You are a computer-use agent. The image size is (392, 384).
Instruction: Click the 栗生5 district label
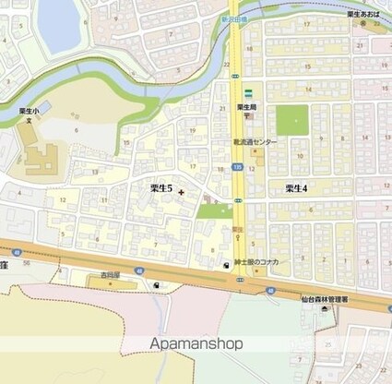(161, 187)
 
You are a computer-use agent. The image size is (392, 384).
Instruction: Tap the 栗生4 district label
(296, 187)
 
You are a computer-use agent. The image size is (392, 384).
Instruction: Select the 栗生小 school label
(29, 109)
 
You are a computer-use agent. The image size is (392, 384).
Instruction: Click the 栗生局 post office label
(246, 106)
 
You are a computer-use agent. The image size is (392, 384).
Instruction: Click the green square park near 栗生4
(291, 120)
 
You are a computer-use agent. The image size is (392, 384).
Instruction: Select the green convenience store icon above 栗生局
(248, 93)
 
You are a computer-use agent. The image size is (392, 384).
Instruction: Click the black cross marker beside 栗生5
(181, 192)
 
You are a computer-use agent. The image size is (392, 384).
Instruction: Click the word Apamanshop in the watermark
(196, 343)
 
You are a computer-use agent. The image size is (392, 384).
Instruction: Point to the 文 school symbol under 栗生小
(29, 119)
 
